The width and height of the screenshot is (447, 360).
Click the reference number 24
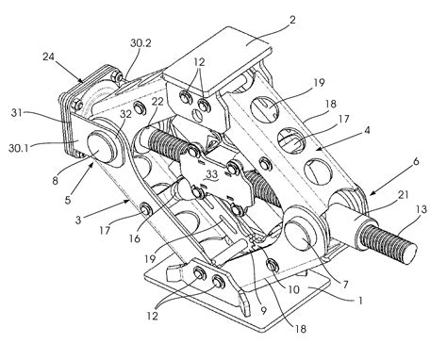49,57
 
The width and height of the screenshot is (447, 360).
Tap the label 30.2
141,43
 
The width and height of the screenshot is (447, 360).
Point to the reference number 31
17,112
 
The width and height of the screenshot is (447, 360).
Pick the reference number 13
422,208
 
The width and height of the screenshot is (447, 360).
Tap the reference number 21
404,195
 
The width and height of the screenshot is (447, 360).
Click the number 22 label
157,102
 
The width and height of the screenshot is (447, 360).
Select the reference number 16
135,238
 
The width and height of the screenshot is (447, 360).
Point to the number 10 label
294,289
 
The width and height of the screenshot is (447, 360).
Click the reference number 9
263,311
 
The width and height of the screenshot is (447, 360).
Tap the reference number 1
361,301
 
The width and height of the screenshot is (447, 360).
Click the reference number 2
292,21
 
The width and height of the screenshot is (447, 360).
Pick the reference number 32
125,114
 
